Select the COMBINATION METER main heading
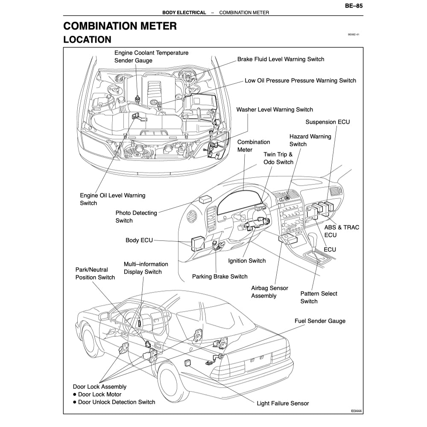pyautogui.click(x=120, y=26)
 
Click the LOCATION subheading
pyautogui.click(x=87, y=40)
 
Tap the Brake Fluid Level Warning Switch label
pyautogui.click(x=281, y=59)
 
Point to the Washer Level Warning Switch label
pyautogui.click(x=275, y=110)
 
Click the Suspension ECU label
pyautogui.click(x=328, y=122)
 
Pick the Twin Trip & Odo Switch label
pyautogui.click(x=278, y=158)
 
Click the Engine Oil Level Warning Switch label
pyautogui.click(x=112, y=199)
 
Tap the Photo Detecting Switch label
pyautogui.click(x=136, y=216)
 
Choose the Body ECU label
pyautogui.click(x=139, y=240)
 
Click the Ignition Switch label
pyautogui.click(x=247, y=261)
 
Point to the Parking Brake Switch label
pyautogui.click(x=219, y=277)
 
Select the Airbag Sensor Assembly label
pyautogui.click(x=269, y=292)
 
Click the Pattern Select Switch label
pyautogui.click(x=319, y=297)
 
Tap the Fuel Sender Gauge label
pyautogui.click(x=320, y=321)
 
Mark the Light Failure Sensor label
pyautogui.click(x=283, y=403)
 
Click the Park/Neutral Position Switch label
pyautogui.click(x=95, y=274)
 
